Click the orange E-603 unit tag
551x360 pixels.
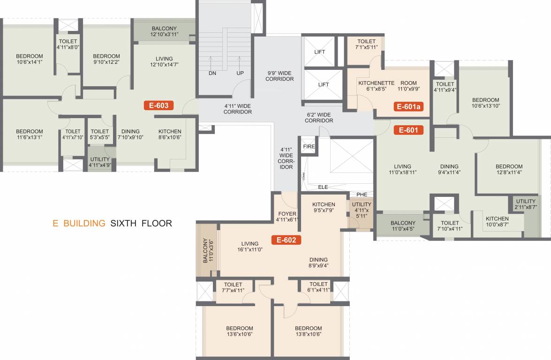(159, 105)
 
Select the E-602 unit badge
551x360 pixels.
(286, 240)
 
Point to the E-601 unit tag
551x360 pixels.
(408, 130)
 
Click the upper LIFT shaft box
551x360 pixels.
(319, 52)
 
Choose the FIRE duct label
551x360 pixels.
(309, 147)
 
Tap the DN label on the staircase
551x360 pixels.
(212, 73)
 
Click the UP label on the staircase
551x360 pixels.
(240, 73)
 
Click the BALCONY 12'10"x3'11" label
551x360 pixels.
(164, 31)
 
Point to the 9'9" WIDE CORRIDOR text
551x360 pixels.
(280, 76)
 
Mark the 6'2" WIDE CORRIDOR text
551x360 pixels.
(319, 118)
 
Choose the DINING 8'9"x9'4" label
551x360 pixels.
(318, 262)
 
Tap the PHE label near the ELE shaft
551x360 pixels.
(362, 195)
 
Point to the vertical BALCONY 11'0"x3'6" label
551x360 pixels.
(207, 250)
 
